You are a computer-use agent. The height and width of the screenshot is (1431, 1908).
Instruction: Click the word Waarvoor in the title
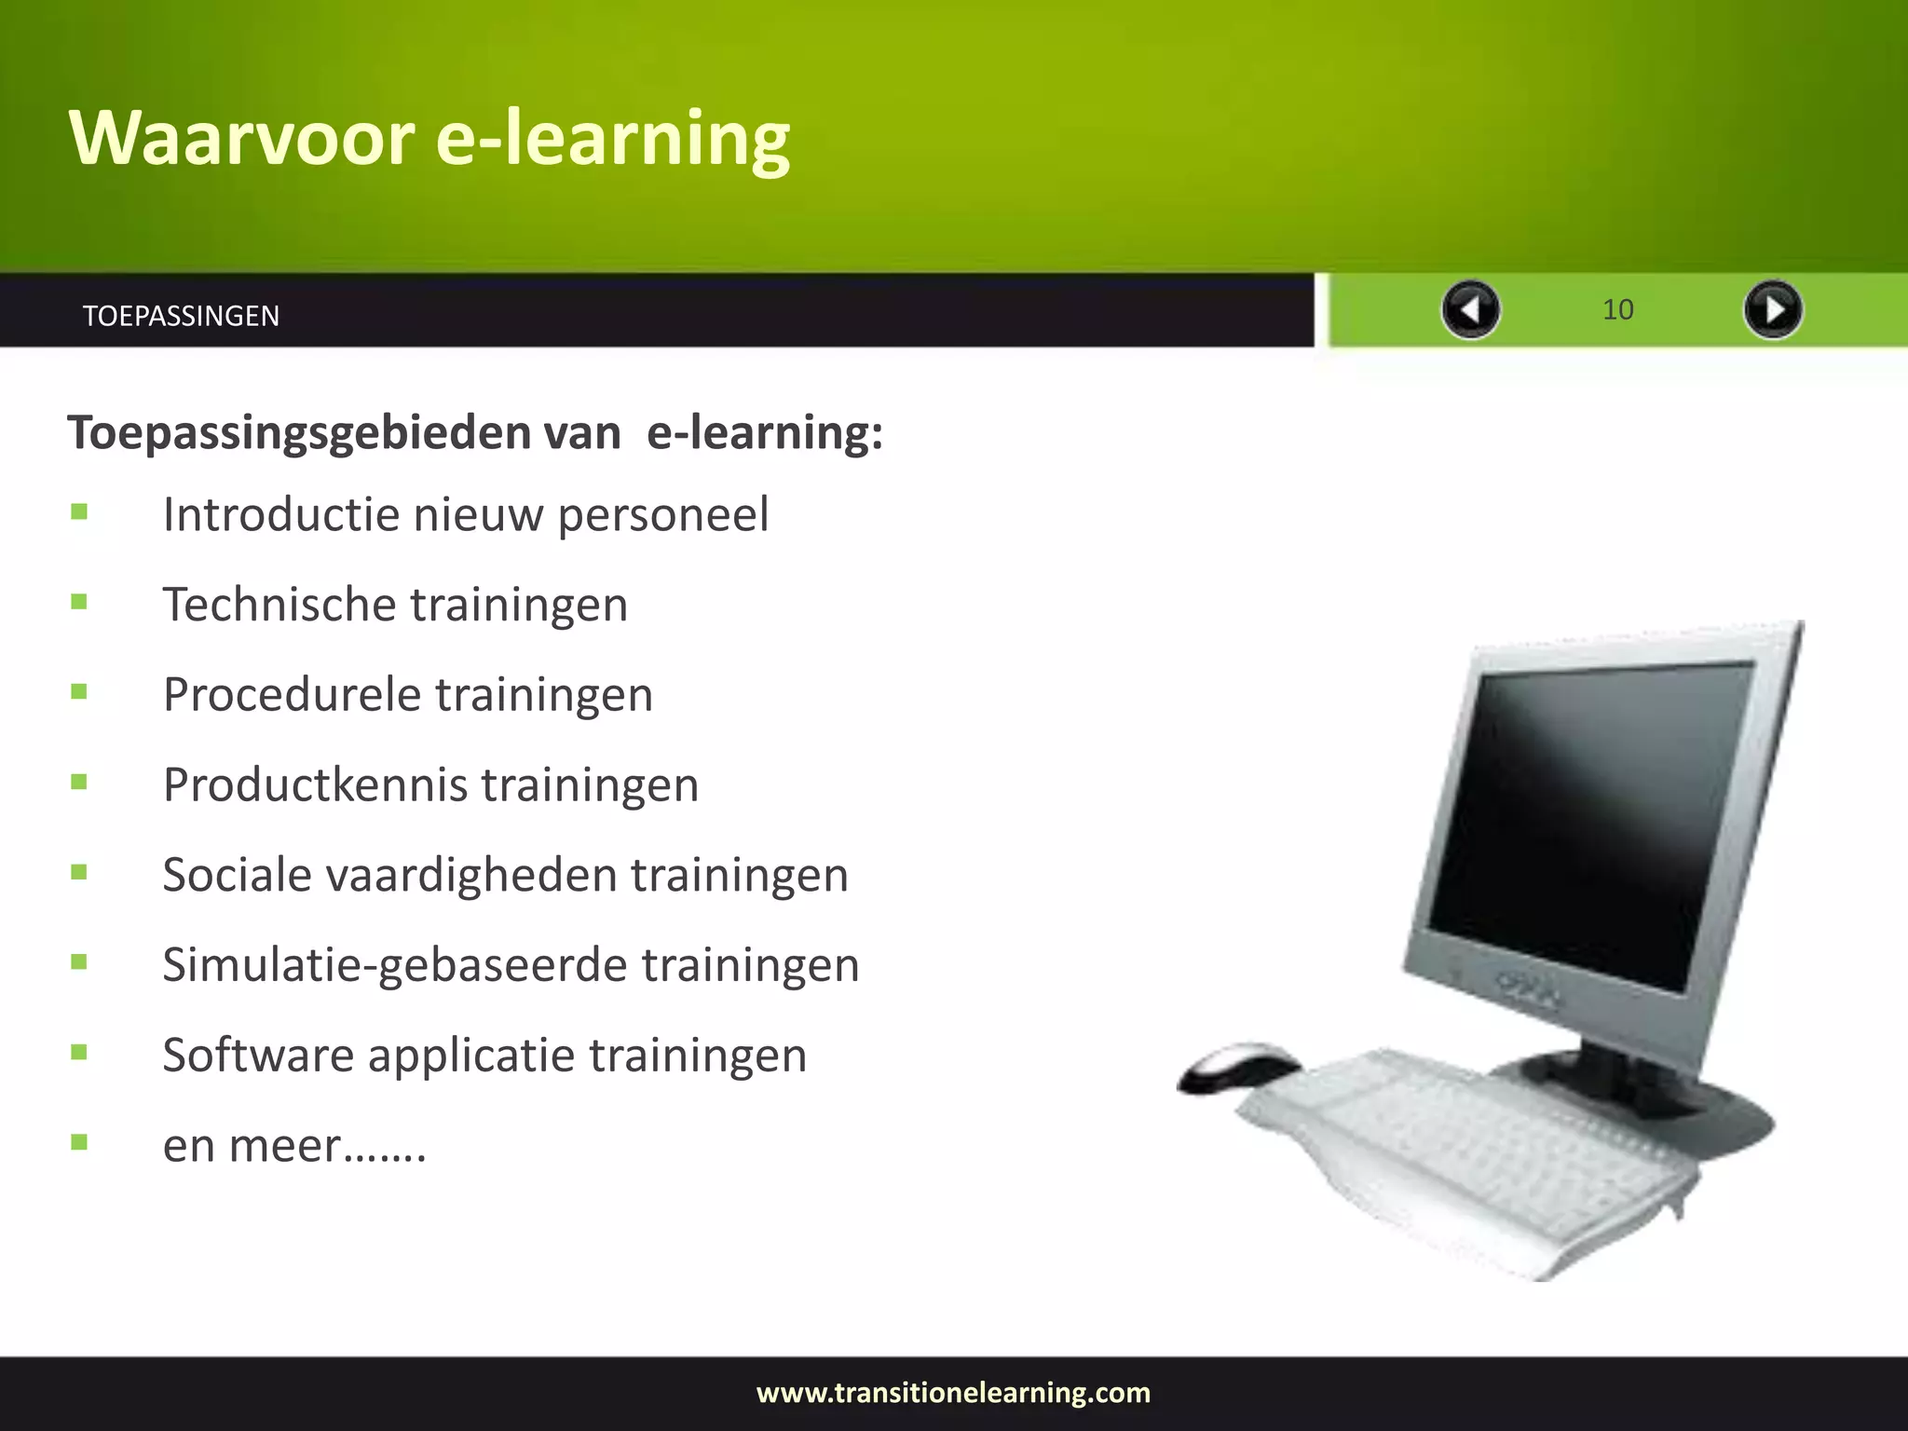[x=241, y=138]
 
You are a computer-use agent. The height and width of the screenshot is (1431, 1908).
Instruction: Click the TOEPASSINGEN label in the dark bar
[x=181, y=316]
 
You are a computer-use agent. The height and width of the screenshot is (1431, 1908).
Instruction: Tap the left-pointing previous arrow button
[x=1470, y=309]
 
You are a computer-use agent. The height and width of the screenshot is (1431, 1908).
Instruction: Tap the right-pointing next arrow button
[x=1772, y=309]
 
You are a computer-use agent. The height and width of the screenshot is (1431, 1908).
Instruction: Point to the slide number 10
[x=1617, y=309]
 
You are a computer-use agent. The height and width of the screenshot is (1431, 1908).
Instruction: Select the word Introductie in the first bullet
[x=281, y=514]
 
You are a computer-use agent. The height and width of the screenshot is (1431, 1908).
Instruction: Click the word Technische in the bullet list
[x=279, y=605]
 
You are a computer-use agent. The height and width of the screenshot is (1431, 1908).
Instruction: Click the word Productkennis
[x=314, y=784]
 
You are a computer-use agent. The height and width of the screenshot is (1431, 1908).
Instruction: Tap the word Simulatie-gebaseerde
[x=395, y=965]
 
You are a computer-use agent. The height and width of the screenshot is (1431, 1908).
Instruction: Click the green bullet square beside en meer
[x=79, y=1142]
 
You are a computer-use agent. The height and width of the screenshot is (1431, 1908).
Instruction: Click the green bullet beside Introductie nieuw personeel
[x=79, y=511]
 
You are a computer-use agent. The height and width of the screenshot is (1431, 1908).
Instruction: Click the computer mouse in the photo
[x=1239, y=1067]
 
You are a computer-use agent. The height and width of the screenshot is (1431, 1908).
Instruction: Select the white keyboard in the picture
[x=1463, y=1155]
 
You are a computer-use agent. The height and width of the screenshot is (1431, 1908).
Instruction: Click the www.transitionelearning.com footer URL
[x=953, y=1393]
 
